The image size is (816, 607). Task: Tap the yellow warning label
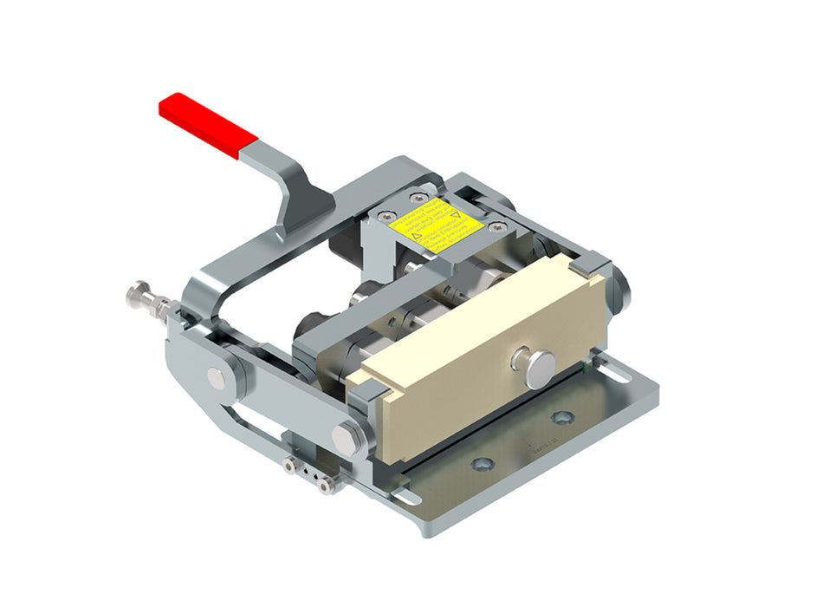[435, 225]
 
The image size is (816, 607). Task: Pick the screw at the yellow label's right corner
[493, 227]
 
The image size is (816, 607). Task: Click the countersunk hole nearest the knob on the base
[561, 418]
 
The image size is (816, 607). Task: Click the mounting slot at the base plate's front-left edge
[405, 497]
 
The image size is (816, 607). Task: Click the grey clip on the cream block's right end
[588, 264]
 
